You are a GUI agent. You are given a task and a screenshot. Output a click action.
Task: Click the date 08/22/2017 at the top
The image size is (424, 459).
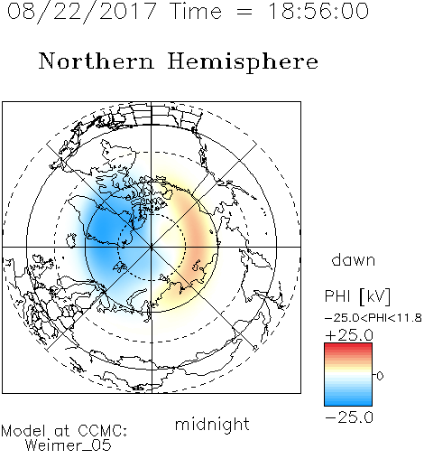click(82, 12)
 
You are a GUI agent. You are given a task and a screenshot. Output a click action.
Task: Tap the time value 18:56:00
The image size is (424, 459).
click(318, 11)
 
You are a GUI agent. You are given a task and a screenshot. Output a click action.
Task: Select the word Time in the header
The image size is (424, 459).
click(196, 11)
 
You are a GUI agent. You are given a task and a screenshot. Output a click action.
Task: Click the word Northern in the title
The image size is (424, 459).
click(97, 61)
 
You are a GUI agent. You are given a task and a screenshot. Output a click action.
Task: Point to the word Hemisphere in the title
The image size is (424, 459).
click(243, 62)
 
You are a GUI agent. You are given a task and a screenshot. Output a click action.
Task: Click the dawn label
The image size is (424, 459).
click(354, 259)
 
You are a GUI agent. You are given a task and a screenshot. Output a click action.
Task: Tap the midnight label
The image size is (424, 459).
click(212, 424)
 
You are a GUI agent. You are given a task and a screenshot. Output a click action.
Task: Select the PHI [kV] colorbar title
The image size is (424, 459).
click(357, 296)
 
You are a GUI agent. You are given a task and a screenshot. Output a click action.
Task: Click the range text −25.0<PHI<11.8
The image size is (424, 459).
click(373, 318)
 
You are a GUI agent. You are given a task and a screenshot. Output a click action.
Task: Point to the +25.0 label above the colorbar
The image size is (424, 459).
click(349, 335)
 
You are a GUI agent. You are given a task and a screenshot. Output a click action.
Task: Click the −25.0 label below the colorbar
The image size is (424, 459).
click(349, 417)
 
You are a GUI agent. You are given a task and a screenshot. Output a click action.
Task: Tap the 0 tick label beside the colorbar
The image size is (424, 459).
click(380, 376)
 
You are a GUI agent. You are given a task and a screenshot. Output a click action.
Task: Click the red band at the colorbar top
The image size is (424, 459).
click(348, 346)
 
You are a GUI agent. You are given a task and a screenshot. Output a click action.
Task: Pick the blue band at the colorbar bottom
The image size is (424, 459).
click(348, 402)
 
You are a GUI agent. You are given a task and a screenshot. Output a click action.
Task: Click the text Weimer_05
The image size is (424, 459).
click(69, 445)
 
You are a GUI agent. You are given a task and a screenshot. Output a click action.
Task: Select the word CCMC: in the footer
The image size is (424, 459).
click(103, 431)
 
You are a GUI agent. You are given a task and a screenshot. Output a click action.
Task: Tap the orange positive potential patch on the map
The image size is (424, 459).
click(198, 238)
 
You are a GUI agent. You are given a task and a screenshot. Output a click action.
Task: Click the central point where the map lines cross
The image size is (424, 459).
click(152, 248)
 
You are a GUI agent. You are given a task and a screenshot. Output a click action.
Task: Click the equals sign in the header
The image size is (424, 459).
click(244, 12)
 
